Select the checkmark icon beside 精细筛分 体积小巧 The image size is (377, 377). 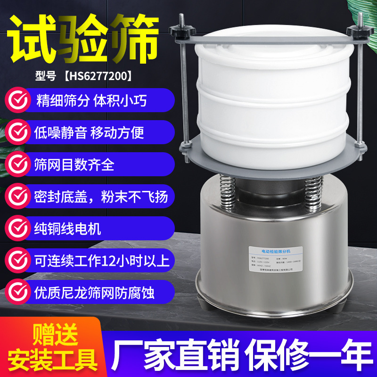point(17,101)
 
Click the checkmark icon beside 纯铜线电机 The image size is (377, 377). point(17,229)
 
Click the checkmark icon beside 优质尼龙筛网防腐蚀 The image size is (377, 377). point(17,292)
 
